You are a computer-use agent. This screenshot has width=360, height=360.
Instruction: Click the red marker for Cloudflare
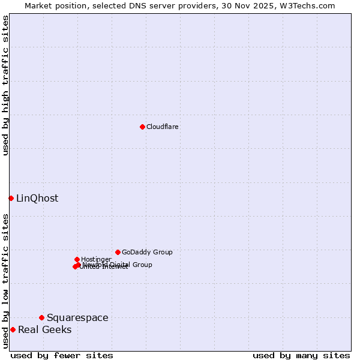[142, 127]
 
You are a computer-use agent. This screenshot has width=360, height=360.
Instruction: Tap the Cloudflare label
[163, 127]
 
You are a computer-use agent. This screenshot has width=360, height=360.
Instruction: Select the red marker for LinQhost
[11, 198]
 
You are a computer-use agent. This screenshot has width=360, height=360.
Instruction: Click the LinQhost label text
[37, 199]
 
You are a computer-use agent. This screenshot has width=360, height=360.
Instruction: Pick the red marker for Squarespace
[41, 317]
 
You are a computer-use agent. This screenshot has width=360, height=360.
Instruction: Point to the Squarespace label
[77, 318]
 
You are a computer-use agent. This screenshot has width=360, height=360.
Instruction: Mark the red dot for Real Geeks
[13, 329]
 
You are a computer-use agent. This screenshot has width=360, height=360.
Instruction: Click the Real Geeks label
[44, 330]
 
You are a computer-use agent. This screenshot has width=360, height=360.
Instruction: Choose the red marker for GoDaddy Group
[118, 252]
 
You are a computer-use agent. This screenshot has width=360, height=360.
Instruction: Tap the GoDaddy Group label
[147, 253]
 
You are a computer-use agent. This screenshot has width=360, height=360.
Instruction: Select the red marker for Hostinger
[77, 259]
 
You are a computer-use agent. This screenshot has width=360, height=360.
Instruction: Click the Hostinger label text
[96, 260]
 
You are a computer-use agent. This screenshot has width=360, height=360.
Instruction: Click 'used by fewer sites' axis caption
[62, 356]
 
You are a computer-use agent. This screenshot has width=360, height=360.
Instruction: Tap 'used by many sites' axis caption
[301, 356]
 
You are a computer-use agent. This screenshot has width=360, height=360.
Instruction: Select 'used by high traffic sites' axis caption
[5, 85]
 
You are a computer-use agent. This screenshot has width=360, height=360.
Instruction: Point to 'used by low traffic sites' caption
[5, 281]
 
